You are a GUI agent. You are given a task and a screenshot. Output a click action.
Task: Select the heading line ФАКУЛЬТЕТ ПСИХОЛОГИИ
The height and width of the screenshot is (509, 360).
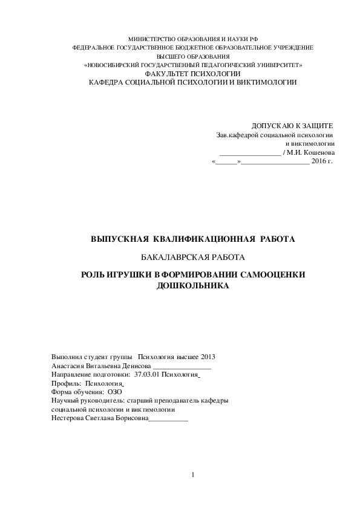tap(192, 73)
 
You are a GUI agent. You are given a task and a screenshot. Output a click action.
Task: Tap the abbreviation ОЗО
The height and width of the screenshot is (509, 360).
tap(114, 392)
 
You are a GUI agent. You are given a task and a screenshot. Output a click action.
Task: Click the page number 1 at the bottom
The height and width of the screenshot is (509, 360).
tap(192, 475)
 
